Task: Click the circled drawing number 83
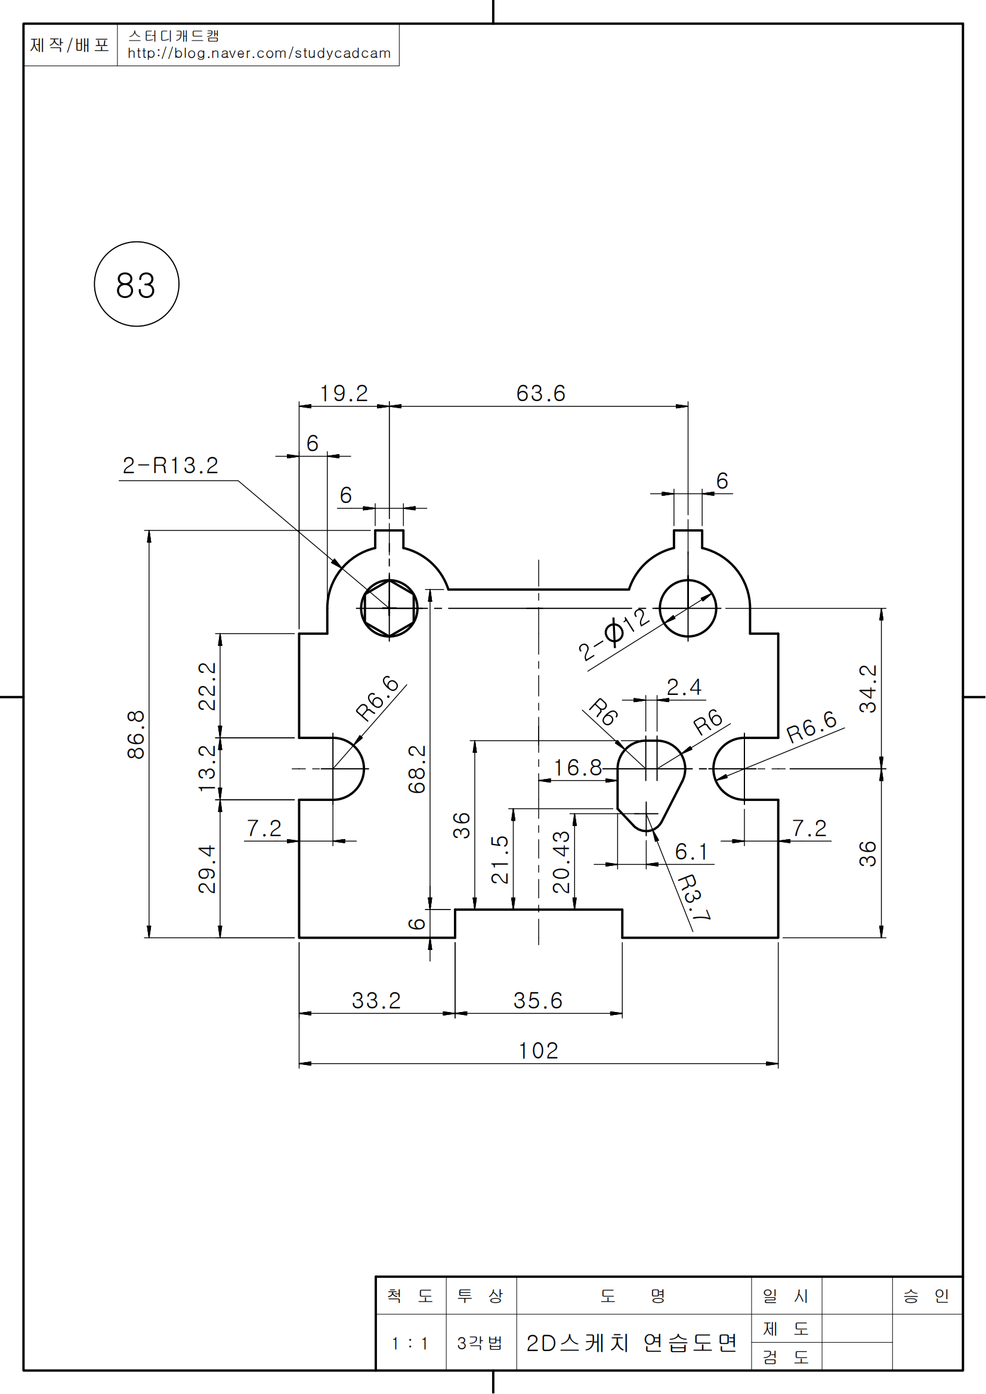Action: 136,285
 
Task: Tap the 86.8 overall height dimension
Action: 136,735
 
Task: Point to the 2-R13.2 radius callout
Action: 170,465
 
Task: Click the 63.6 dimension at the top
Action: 540,393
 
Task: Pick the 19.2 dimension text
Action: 344,393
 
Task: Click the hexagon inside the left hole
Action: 389,608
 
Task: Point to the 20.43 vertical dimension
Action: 561,862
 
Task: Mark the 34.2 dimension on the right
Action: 867,688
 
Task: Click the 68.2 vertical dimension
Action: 417,769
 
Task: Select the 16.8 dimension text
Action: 577,768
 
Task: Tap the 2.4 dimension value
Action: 684,687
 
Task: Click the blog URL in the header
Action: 259,54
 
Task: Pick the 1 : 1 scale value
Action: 410,1343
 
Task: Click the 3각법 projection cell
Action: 480,1343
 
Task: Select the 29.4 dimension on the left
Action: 207,869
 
